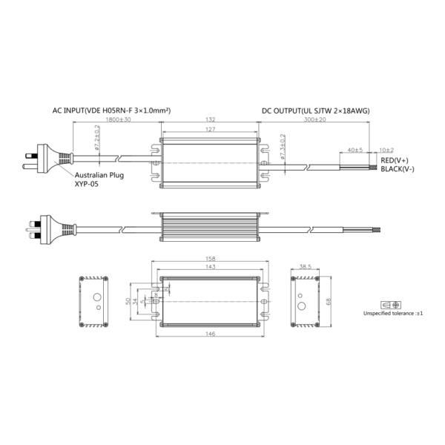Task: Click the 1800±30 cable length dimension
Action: pyautogui.click(x=119, y=119)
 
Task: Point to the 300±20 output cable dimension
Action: pyautogui.click(x=316, y=119)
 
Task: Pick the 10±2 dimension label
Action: pyautogui.click(x=386, y=150)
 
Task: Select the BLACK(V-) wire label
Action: pyautogui.click(x=398, y=169)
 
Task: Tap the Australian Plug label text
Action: pyautogui.click(x=99, y=175)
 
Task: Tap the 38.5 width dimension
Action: pyautogui.click(x=304, y=266)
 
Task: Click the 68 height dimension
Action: pyautogui.click(x=328, y=301)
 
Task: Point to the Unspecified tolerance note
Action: pyautogui.click(x=393, y=314)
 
